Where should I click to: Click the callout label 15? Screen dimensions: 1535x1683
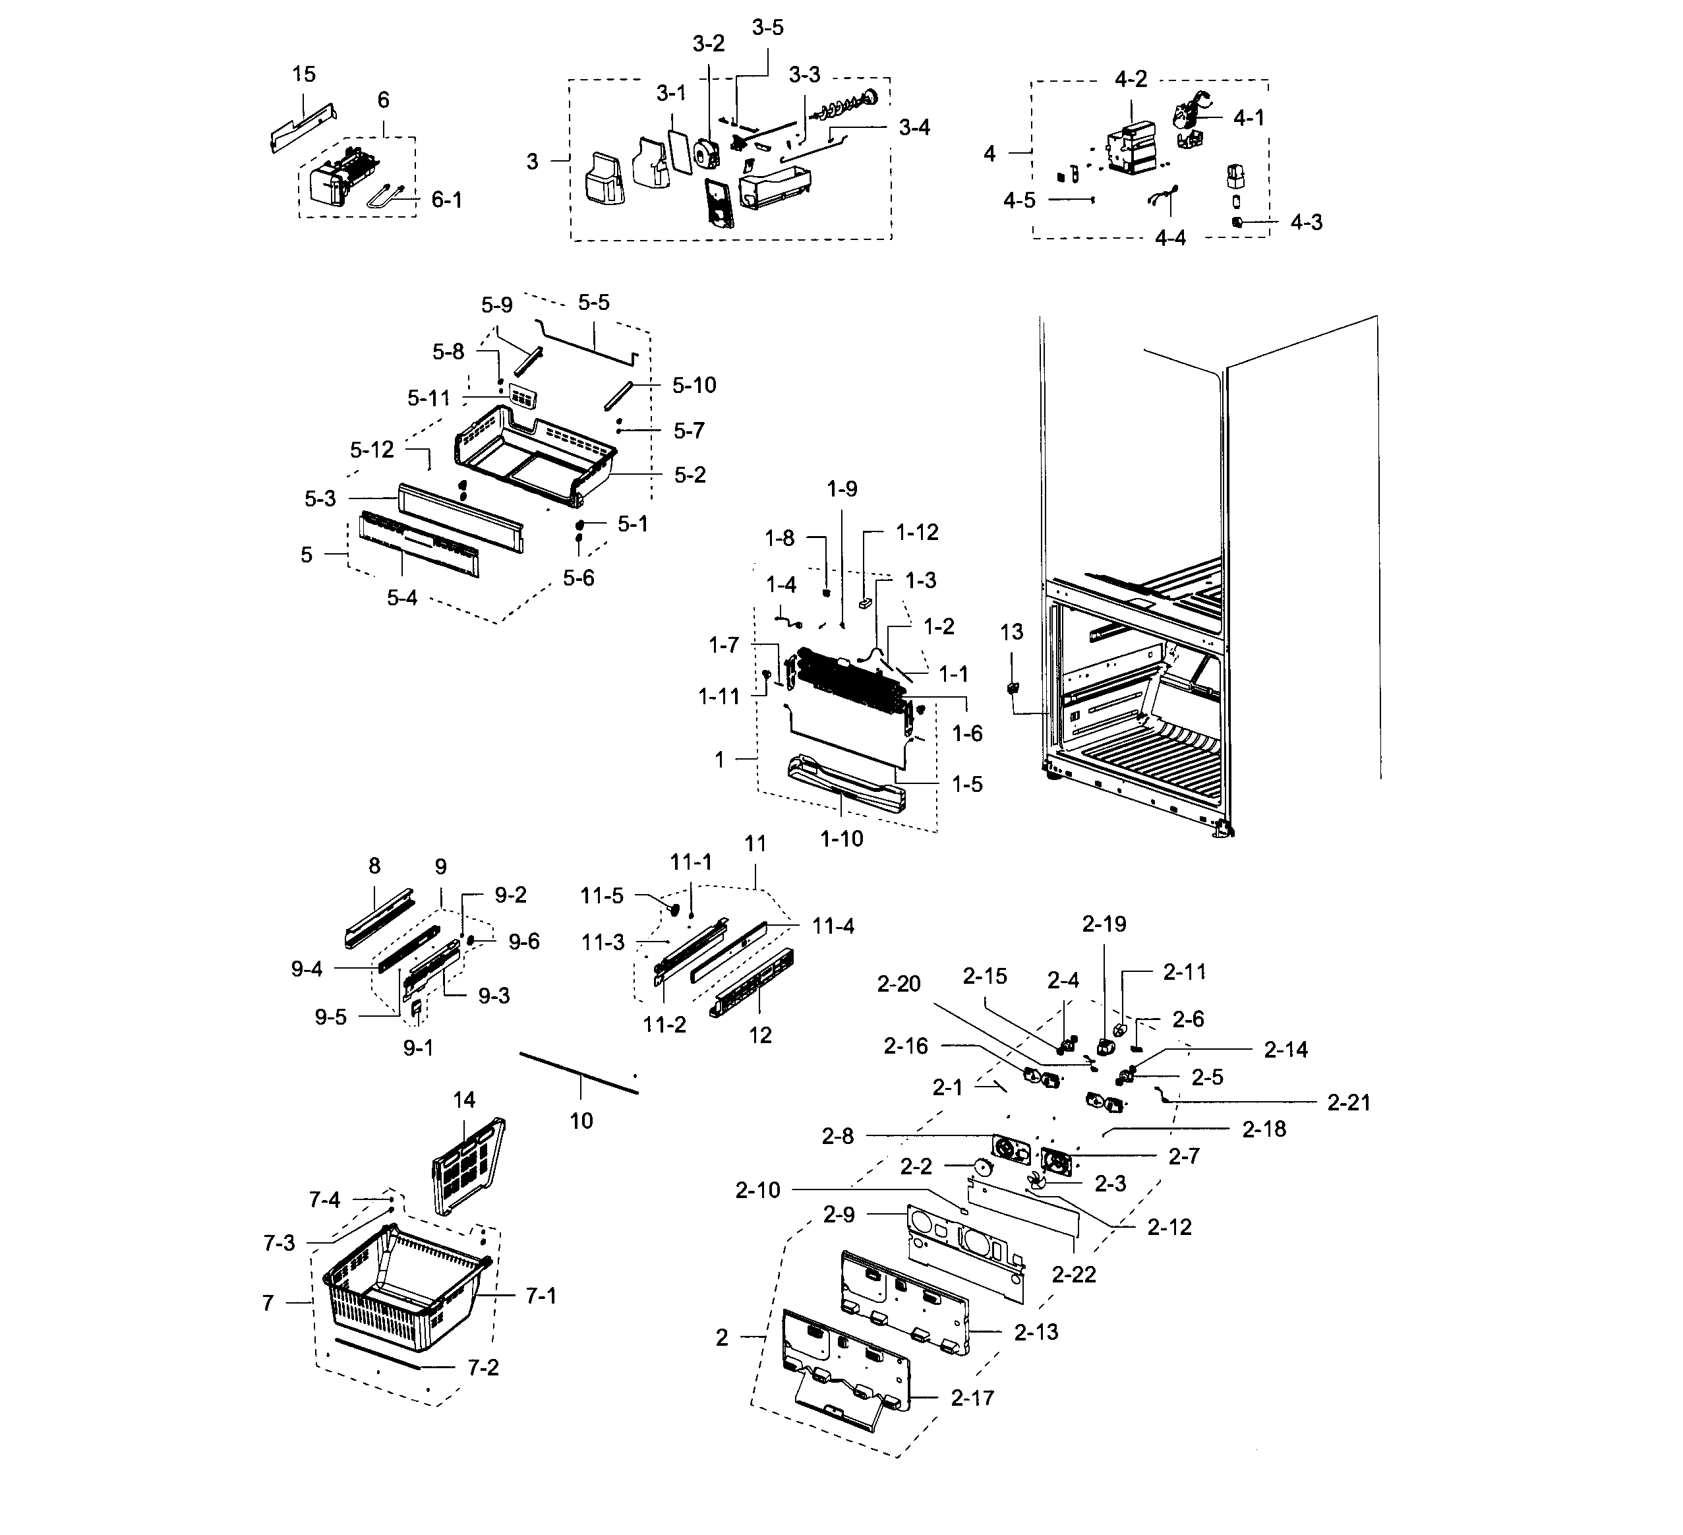(x=304, y=75)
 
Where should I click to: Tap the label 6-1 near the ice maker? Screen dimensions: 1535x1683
(x=447, y=200)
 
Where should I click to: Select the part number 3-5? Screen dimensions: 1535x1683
(x=767, y=28)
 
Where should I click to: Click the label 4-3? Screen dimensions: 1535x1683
(x=1306, y=222)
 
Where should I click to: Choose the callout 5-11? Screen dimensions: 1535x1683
(x=429, y=398)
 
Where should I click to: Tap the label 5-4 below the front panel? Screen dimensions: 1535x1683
(x=401, y=598)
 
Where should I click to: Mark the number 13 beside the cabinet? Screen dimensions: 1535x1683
(x=1011, y=632)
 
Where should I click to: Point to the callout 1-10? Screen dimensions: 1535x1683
(x=841, y=839)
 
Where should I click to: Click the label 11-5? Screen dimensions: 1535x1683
(x=602, y=896)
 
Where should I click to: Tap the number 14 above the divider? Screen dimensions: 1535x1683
(x=464, y=1100)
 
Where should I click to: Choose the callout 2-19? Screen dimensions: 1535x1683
(x=1104, y=924)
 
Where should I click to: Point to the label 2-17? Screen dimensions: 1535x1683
(x=972, y=1398)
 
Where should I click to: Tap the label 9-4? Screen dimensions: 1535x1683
(x=307, y=969)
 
